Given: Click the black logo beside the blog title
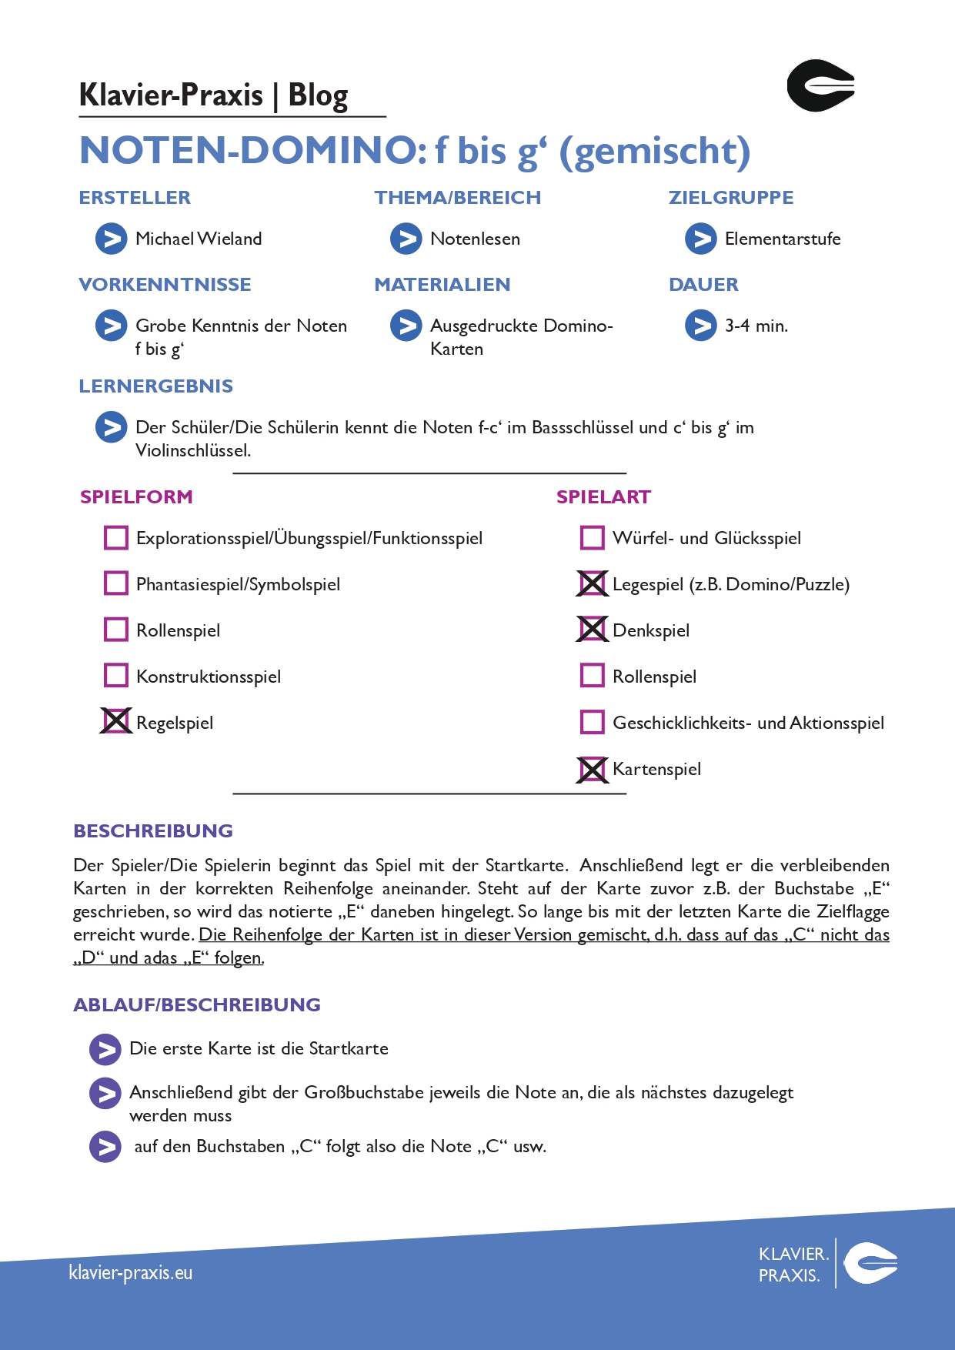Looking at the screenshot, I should (820, 85).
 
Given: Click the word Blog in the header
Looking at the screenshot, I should (318, 95).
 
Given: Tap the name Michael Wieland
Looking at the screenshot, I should (199, 239).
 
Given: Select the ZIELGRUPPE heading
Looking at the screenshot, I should (730, 198).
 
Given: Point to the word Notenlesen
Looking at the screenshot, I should (475, 239).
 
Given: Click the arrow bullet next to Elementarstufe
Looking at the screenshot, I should (700, 239).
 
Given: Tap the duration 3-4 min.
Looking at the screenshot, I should (756, 326).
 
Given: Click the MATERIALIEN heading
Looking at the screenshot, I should (442, 285).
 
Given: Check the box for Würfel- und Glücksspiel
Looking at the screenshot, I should (592, 538).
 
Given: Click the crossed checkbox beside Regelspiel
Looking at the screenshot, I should (116, 722).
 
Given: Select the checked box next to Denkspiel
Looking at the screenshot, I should (592, 630).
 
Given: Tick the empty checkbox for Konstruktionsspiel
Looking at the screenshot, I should (116, 676).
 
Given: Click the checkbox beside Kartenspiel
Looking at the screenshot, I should (592, 769).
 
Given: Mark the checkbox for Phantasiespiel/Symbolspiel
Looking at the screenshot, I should (116, 583).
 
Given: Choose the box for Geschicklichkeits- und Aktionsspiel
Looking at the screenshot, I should (592, 723).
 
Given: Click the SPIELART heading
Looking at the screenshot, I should (603, 497).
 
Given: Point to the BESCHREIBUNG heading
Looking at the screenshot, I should (153, 831).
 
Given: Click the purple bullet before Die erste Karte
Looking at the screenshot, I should (105, 1049).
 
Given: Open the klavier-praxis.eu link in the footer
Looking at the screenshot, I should (131, 1272).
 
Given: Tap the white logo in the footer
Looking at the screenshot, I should (870, 1263).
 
